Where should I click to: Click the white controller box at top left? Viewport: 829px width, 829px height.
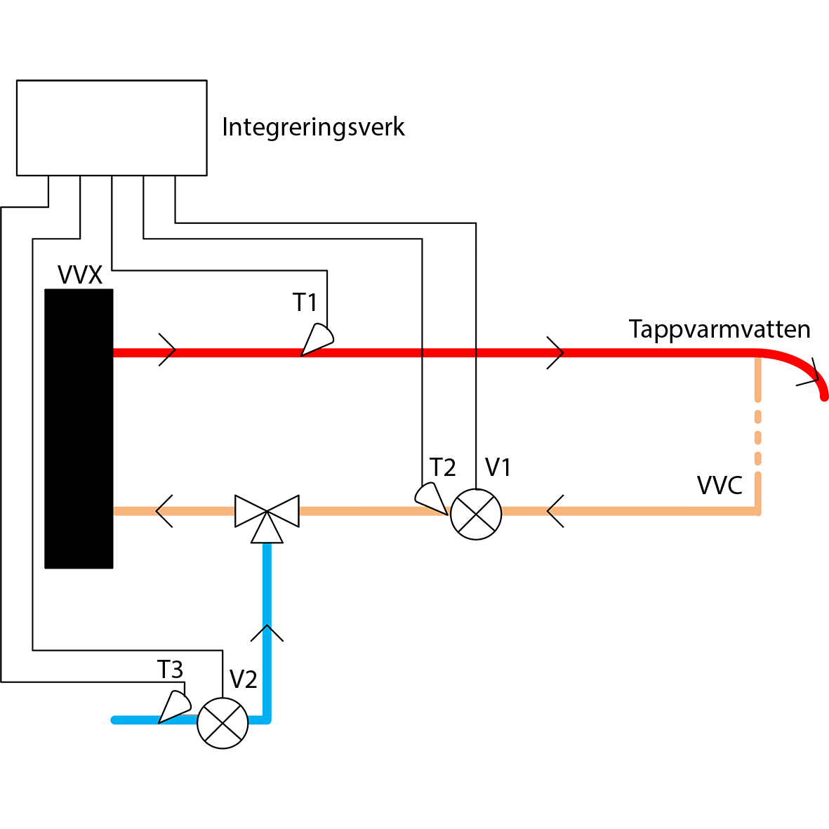112,127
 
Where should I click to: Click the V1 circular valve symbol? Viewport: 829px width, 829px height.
476,515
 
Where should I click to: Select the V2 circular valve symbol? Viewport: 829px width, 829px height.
223,723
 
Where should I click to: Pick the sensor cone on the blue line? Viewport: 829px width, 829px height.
172,706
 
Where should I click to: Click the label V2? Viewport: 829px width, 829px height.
244,679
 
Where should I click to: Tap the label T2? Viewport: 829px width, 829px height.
444,467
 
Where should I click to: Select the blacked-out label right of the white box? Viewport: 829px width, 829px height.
314,128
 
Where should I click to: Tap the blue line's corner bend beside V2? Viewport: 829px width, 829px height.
267,719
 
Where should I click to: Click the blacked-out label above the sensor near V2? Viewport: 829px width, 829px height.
170,670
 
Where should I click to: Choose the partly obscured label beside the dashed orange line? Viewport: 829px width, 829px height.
719,485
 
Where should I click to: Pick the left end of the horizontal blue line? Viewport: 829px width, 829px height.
114,719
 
